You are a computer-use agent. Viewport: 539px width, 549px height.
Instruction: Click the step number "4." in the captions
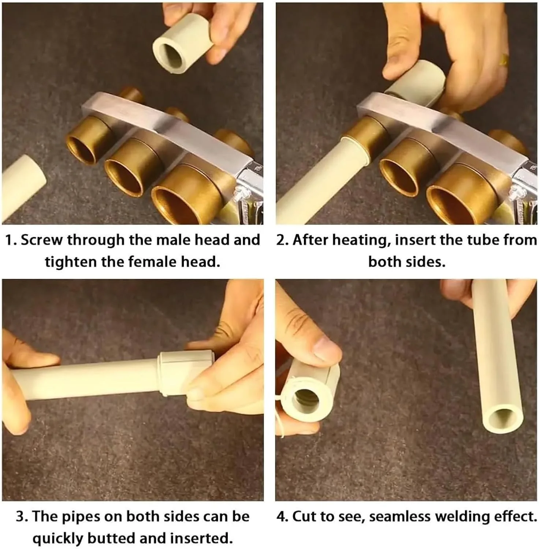(283, 516)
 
